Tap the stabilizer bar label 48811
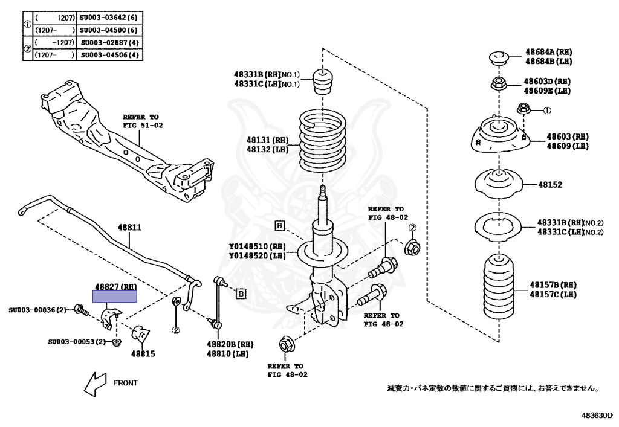click(x=129, y=228)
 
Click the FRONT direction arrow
click(x=96, y=383)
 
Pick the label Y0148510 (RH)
click(x=257, y=246)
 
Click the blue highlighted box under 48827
click(x=114, y=296)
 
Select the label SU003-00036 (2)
click(x=37, y=310)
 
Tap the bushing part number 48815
click(x=143, y=353)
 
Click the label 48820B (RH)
click(x=230, y=344)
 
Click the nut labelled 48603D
click(x=499, y=84)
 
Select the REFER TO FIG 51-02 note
click(x=143, y=121)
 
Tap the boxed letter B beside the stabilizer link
click(x=241, y=294)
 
